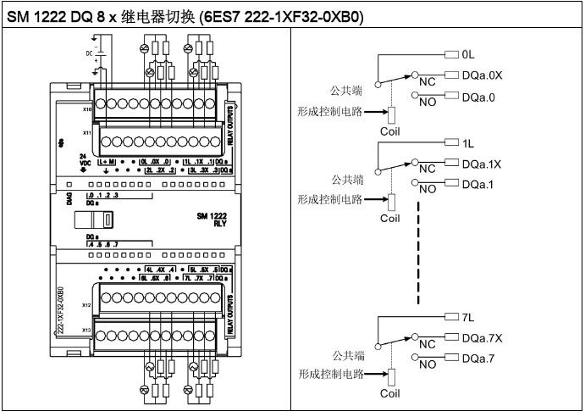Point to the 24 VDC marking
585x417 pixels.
82,161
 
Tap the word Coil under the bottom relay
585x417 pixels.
389,393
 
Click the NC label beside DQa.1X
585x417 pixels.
427,169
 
